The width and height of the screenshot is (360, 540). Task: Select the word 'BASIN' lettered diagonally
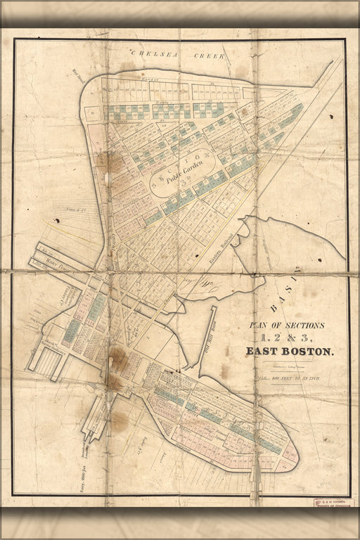285,288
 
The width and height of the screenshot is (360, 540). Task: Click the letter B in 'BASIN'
269,307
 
